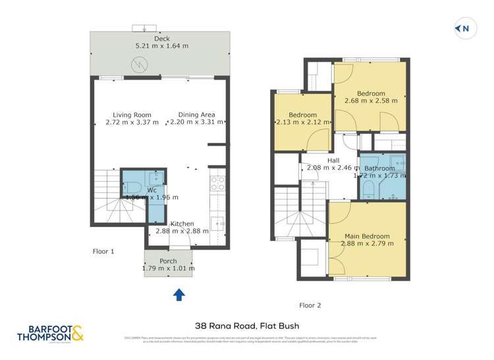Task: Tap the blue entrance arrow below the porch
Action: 178,296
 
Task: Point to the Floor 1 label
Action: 103,251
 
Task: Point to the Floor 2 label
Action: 310,305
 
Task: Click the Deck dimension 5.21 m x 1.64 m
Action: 161,46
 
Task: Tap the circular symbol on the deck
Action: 140,64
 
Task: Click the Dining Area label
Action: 197,115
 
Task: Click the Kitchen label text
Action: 182,224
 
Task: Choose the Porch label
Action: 169,261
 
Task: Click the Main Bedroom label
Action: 367,236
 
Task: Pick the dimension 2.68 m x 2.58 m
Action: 374,101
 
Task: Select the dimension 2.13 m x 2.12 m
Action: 302,122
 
